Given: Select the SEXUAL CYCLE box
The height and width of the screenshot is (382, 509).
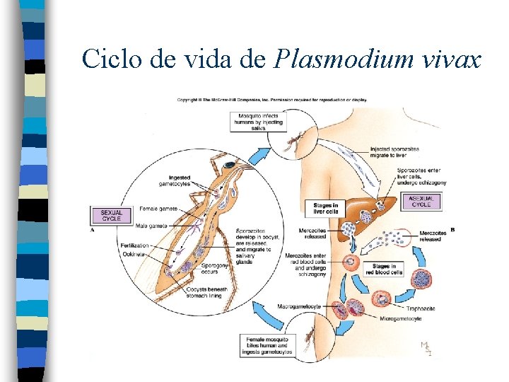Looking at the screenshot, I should [111, 214].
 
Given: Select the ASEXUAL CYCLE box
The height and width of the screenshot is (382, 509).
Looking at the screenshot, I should [421, 202].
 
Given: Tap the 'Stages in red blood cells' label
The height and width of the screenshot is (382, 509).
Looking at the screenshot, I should [383, 269].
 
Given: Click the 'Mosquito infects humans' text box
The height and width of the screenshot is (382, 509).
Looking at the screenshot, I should [259, 121].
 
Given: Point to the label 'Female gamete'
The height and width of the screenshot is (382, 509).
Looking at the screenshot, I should [158, 209].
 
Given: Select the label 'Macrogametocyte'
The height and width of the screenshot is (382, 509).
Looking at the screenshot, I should [300, 306].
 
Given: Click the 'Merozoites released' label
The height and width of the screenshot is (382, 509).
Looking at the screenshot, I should [432, 236].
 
